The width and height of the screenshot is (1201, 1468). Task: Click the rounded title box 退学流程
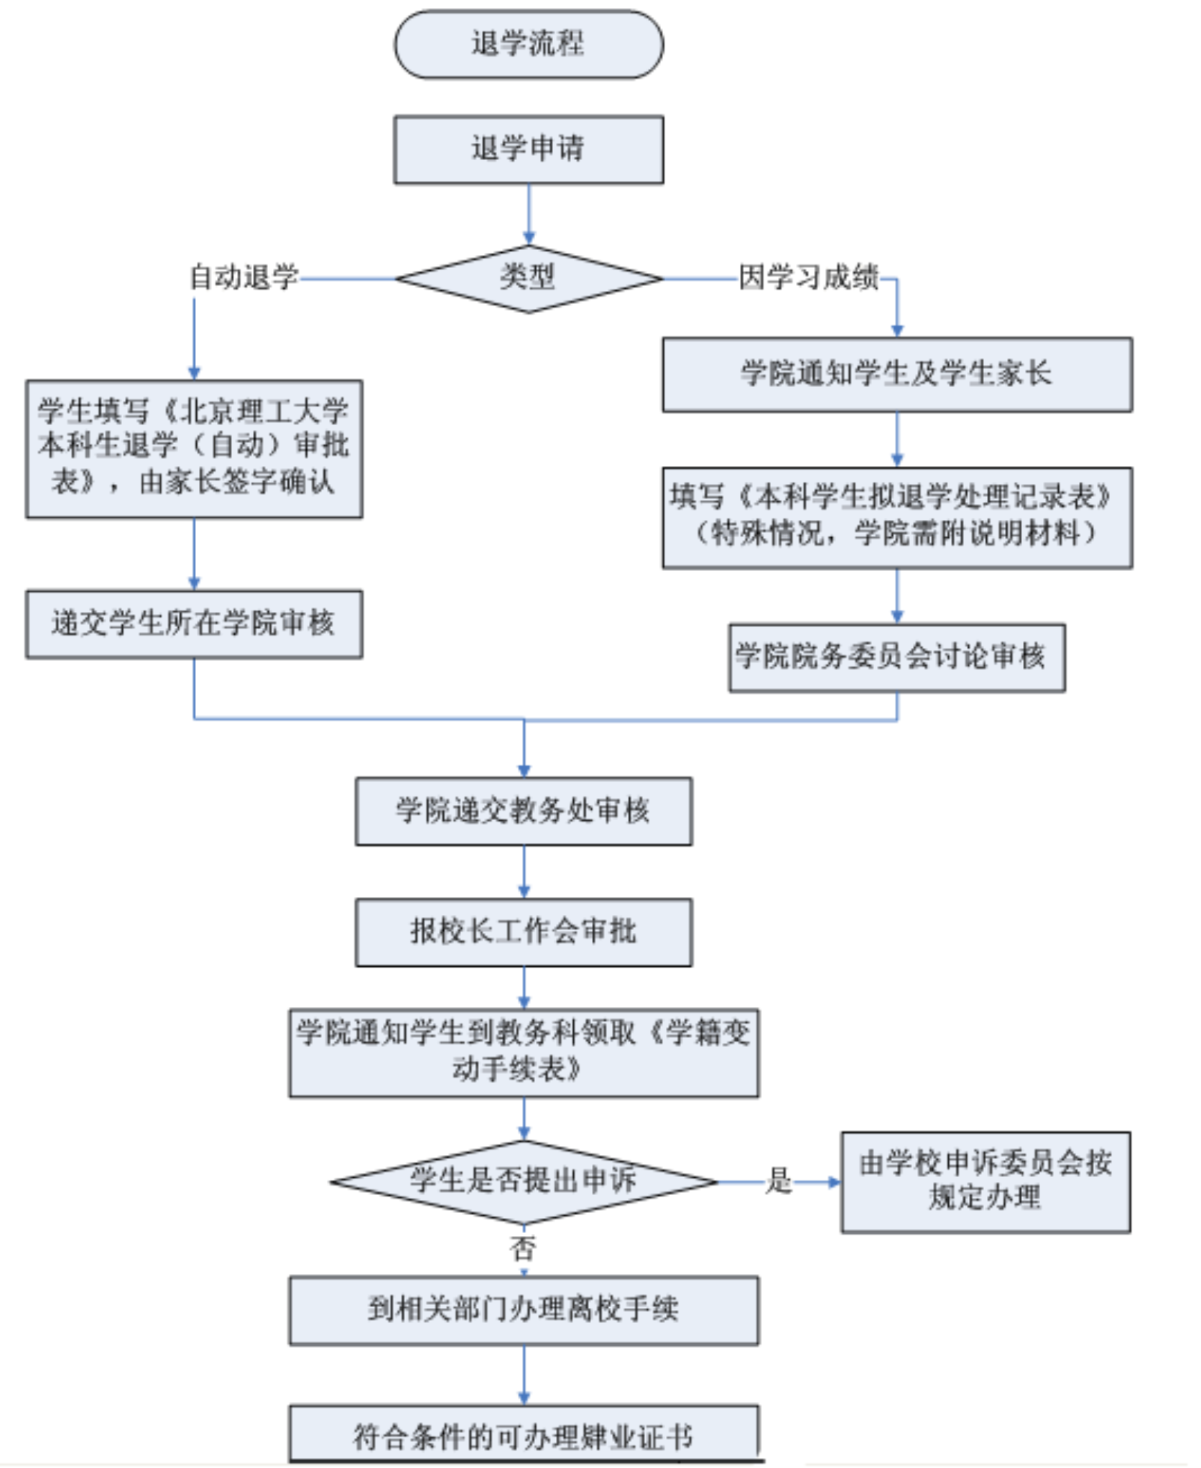click(x=528, y=45)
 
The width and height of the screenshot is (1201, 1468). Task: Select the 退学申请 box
click(x=528, y=149)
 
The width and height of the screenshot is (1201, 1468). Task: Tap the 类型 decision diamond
click(x=528, y=279)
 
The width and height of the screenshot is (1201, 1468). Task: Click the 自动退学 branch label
click(x=244, y=277)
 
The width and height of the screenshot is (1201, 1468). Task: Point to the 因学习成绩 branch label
click(x=809, y=277)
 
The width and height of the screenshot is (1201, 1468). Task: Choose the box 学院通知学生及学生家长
click(x=896, y=374)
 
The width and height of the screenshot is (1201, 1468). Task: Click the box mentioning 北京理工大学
click(x=194, y=448)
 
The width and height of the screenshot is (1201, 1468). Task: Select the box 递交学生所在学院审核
click(x=194, y=623)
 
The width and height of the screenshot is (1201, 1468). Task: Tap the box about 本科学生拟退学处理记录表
click(x=896, y=517)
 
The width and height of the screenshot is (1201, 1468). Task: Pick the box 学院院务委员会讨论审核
click(x=896, y=657)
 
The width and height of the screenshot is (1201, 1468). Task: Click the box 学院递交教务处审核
click(x=524, y=811)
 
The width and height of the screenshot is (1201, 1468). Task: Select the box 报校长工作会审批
click(x=524, y=932)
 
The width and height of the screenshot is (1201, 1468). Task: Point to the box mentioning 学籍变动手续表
click(x=524, y=1052)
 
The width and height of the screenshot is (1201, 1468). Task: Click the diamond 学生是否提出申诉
click(x=524, y=1181)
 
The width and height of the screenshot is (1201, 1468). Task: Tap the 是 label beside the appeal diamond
click(x=779, y=1181)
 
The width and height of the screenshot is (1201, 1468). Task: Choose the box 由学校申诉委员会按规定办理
click(x=986, y=1182)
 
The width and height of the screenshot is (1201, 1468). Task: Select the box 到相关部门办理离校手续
click(x=524, y=1310)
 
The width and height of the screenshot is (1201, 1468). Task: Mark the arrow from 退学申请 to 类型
click(x=529, y=214)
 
